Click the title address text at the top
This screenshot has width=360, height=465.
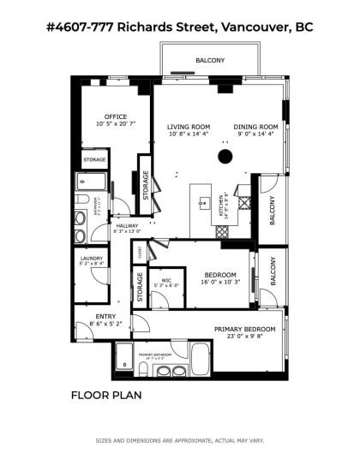tap(179, 27)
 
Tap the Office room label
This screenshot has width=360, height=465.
tap(116, 116)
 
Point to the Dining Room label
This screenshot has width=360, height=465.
tap(256, 127)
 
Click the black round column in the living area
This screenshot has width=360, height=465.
tap(225, 156)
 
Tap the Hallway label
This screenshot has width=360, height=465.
tap(127, 226)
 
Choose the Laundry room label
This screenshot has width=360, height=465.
tap(92, 258)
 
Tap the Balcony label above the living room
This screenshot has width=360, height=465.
tap(210, 60)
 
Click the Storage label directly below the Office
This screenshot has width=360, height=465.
tap(94, 158)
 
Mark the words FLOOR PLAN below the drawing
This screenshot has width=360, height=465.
tap(106, 396)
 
